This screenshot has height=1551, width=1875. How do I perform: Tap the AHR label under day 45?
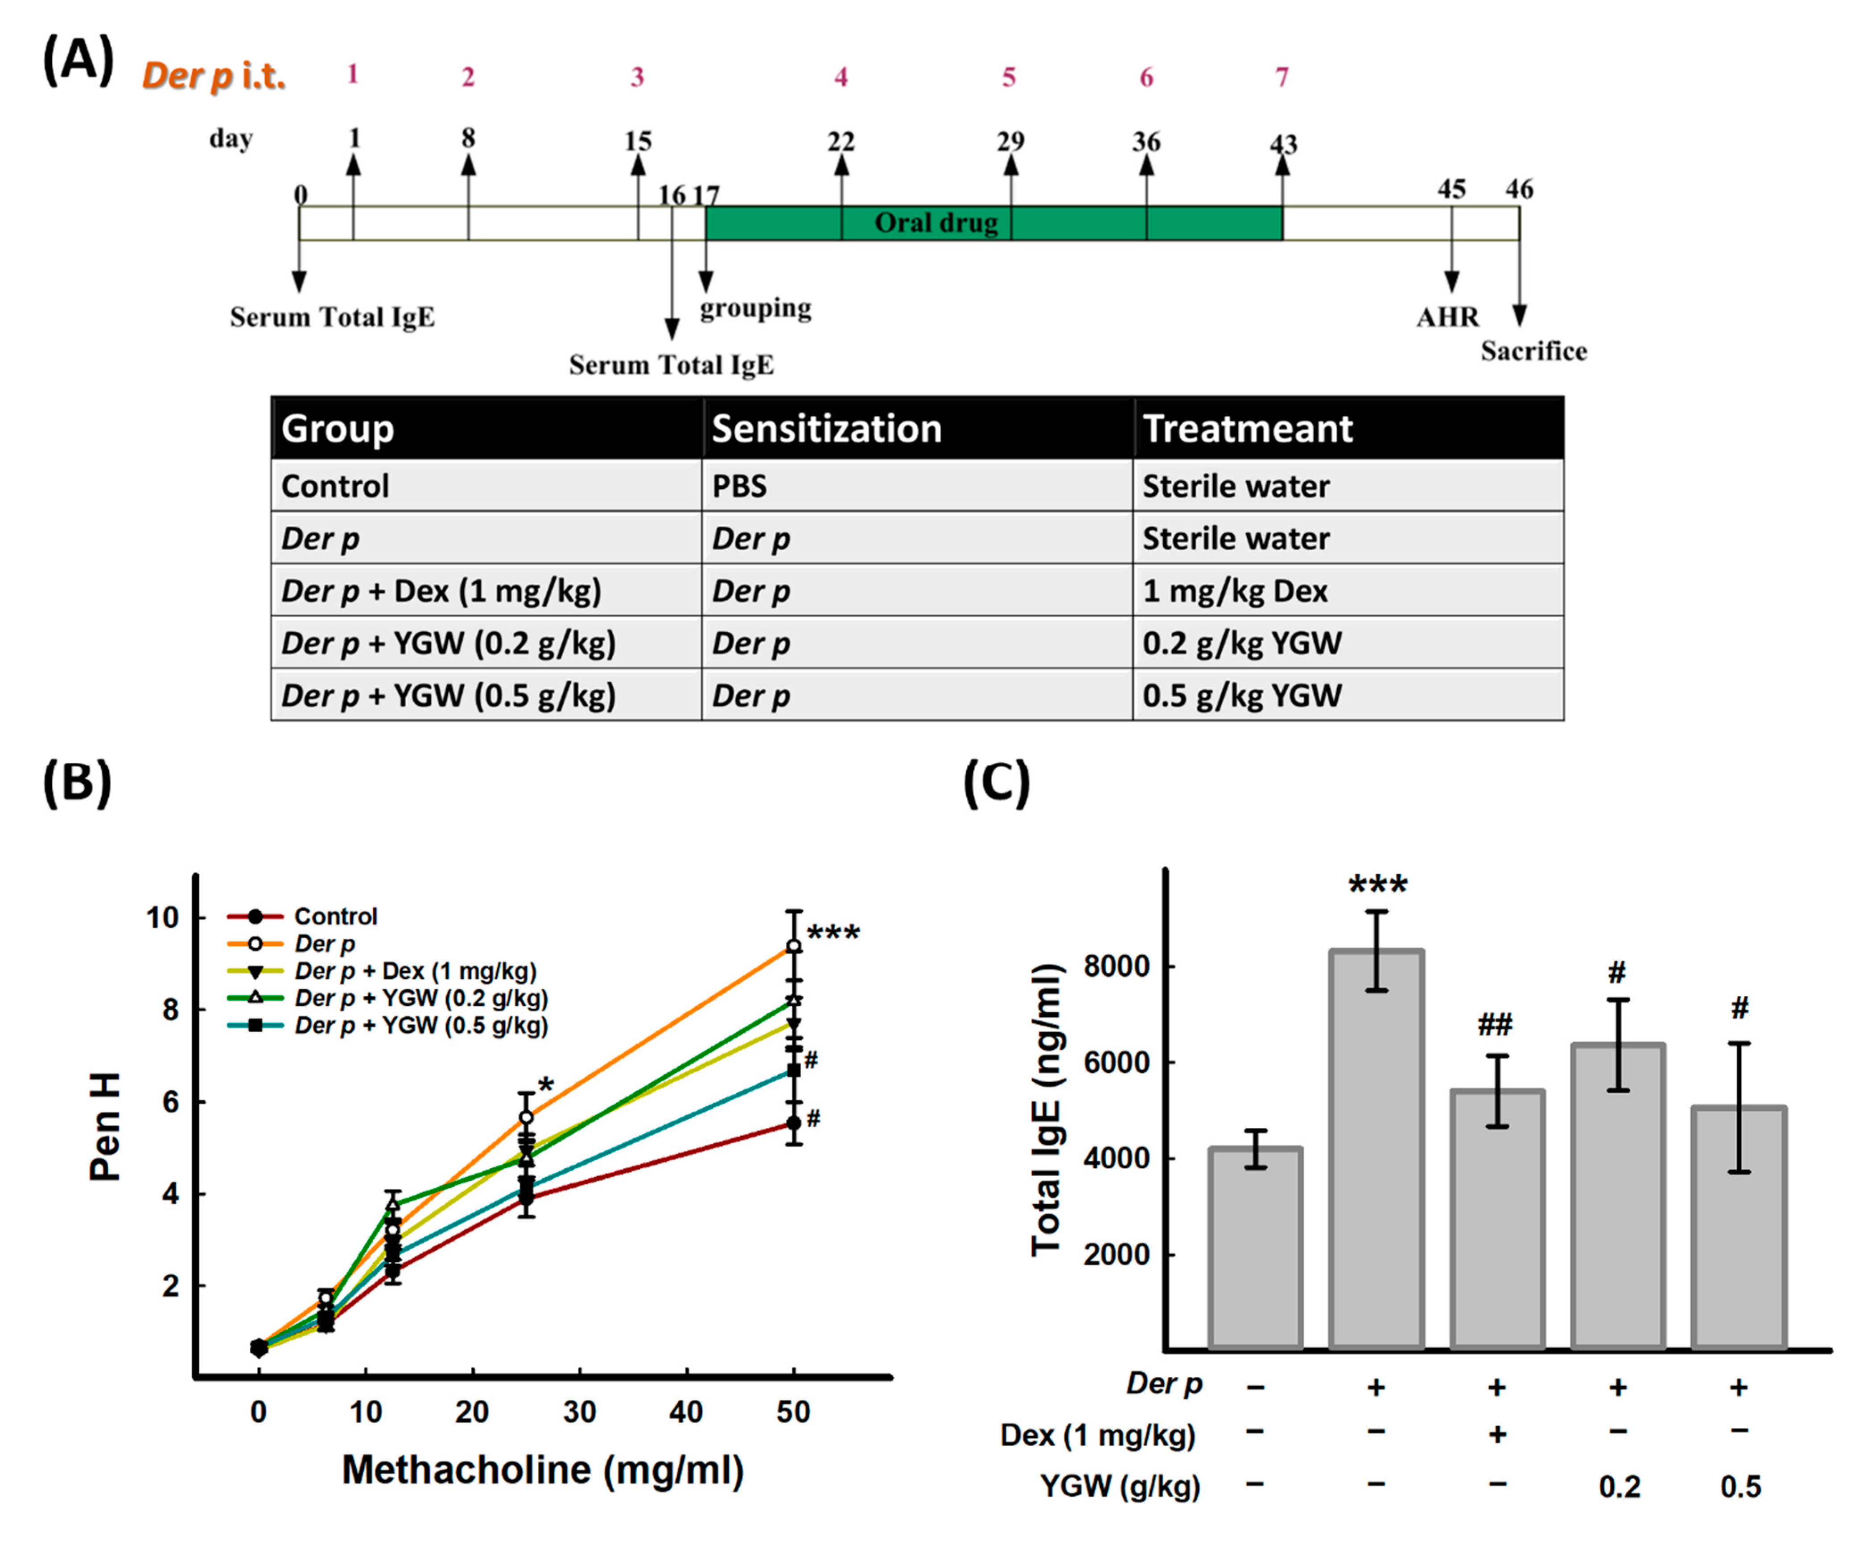(x=1447, y=317)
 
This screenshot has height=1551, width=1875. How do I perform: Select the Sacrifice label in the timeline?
(x=1533, y=351)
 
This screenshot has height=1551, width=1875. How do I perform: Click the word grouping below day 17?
(x=755, y=308)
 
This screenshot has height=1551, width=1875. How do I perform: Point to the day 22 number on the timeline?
(x=840, y=141)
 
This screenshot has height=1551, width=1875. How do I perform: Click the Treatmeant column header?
(x=1247, y=428)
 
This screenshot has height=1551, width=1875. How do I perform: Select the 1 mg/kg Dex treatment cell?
(x=1235, y=591)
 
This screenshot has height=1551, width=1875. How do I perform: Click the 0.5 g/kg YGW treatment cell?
(x=1241, y=695)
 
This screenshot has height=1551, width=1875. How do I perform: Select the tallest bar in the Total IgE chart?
(x=1376, y=1151)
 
